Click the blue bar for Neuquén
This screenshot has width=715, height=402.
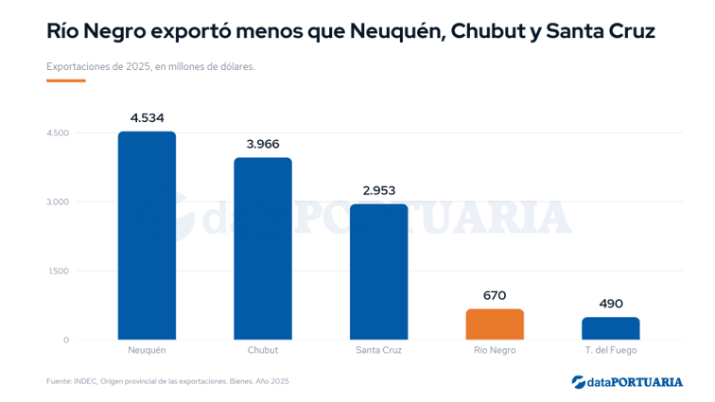147,236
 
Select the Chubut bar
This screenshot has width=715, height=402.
263,249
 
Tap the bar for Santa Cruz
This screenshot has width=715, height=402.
379,272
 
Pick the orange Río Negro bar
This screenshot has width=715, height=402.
495,324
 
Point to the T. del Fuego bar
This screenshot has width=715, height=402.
611,328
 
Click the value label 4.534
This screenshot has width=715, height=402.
147,118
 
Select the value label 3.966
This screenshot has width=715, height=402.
263,144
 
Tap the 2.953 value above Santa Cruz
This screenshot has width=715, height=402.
379,190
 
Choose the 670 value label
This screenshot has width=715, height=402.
495,296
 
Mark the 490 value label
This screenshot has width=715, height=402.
611,304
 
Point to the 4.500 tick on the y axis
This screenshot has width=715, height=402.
58,133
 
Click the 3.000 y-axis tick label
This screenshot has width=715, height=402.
58,202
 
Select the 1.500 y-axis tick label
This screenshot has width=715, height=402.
59,271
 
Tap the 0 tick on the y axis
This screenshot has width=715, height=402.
66,340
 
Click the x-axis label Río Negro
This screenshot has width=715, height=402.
495,350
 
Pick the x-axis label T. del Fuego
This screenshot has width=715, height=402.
611,350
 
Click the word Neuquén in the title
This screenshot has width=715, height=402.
397,31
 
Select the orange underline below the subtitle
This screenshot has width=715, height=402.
66,80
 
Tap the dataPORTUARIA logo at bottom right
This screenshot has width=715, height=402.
627,382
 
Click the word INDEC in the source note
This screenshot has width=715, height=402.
85,381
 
